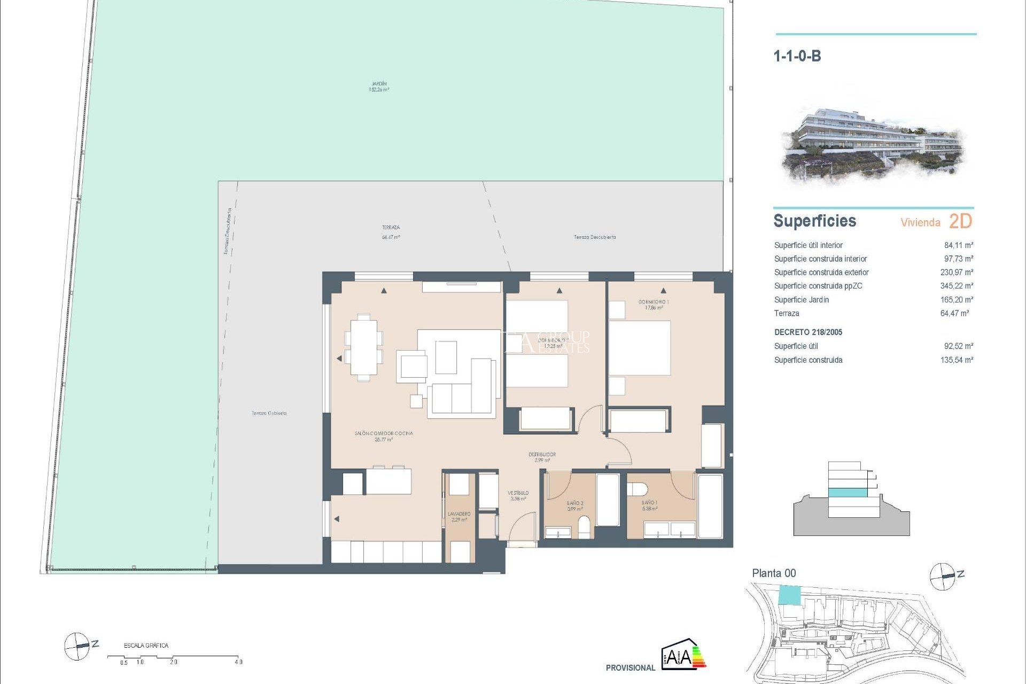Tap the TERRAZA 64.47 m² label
pos(391,232)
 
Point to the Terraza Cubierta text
pos(269,413)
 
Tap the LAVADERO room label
pos(459,516)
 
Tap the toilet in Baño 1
pos(637,488)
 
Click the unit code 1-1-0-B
pos(797,56)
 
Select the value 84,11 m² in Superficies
pos(958,245)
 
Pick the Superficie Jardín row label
pos(801,300)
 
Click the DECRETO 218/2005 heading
pos(808,332)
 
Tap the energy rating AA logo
pos(683,654)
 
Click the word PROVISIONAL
pos(630,667)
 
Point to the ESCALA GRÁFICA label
pos(146,646)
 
